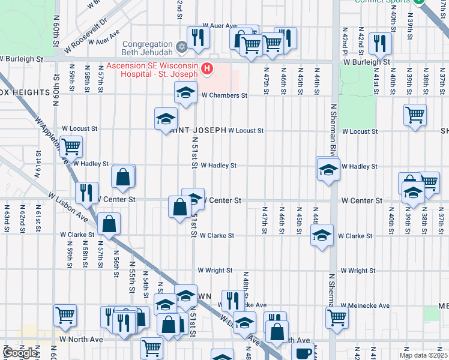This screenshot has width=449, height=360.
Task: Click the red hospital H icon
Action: coord(207,69)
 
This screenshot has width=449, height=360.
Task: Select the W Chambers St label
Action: coord(224,95)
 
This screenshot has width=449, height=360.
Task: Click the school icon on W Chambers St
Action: coord(186,93)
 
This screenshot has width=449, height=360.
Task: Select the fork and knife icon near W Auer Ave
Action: coord(197,38)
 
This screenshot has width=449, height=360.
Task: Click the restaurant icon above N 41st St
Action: coord(380,43)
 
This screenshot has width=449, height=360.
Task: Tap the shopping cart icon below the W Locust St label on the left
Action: coord(71,146)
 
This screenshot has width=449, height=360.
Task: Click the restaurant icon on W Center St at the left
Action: coord(86,192)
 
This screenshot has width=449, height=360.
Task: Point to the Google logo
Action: coord(20,353)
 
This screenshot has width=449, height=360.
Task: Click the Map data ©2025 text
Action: coord(423,355)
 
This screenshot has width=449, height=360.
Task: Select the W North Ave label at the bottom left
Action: coord(81,339)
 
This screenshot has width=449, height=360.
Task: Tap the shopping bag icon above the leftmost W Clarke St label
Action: coord(109,223)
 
